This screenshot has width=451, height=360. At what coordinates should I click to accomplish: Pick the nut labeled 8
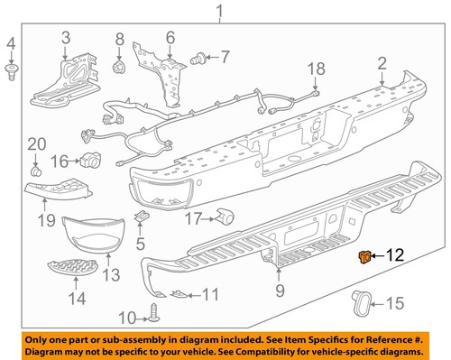[118, 68]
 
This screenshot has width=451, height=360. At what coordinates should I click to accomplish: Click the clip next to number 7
[196, 60]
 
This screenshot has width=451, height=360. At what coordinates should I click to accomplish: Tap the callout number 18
[315, 69]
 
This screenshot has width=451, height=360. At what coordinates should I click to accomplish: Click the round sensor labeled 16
[89, 161]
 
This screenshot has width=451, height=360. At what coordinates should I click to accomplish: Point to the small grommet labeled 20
[35, 169]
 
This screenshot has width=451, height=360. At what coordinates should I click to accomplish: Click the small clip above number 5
[142, 217]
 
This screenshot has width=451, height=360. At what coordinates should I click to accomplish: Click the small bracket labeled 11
[179, 293]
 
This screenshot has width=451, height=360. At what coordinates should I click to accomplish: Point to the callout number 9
[279, 290]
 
